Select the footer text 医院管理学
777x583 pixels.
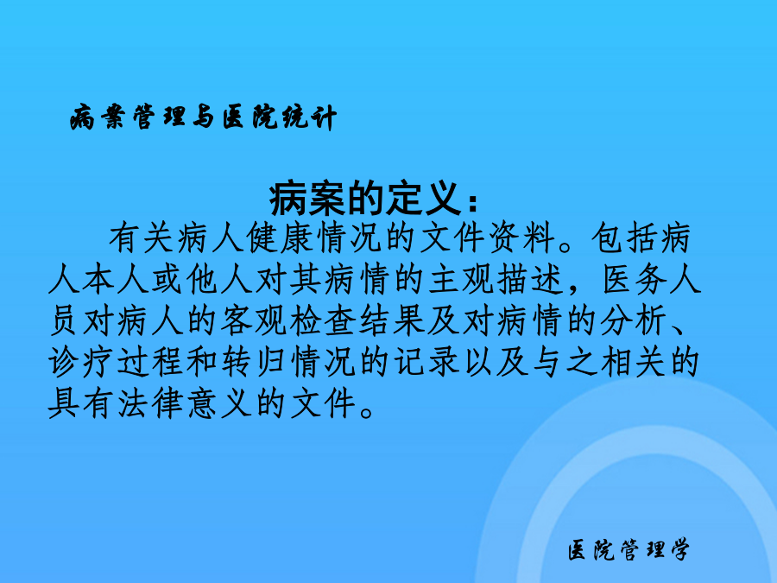pyautogui.click(x=629, y=550)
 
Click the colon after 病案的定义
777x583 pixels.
pyautogui.click(x=471, y=203)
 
